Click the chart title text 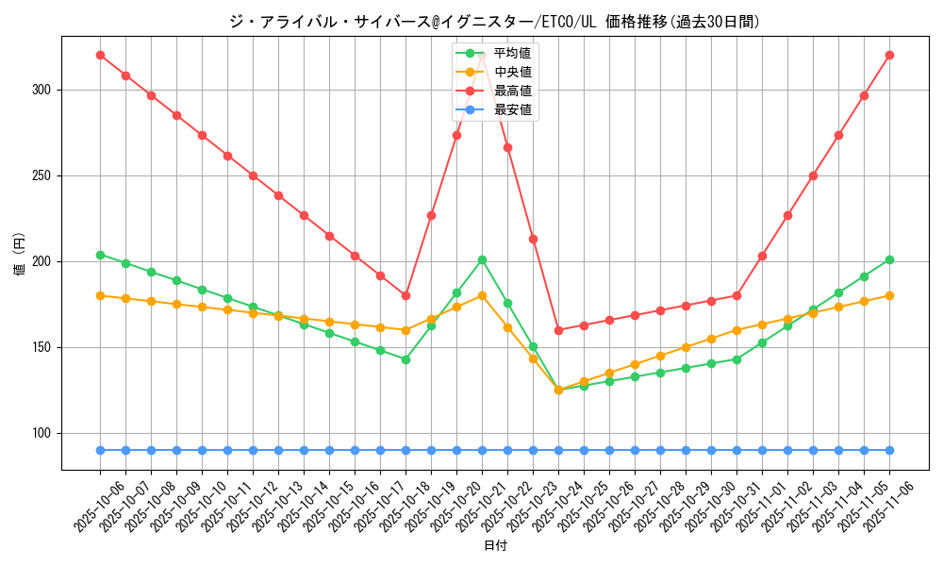[x=495, y=22]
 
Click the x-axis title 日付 [x=495, y=546]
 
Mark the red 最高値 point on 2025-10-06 [x=100, y=55]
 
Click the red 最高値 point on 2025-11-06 [x=889, y=55]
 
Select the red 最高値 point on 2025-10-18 [x=405, y=295]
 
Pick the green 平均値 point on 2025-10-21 [x=482, y=259]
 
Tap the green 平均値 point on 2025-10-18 [x=405, y=359]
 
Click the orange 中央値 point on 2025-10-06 [x=100, y=295]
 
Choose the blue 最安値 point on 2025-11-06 [x=889, y=450]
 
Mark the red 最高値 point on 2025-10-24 [x=558, y=330]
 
